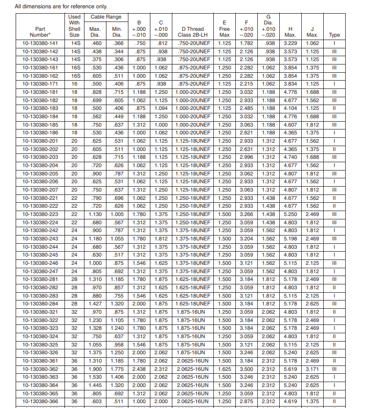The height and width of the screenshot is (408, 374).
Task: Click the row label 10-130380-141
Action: point(40,43)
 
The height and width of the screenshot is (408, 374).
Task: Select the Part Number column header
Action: point(40,32)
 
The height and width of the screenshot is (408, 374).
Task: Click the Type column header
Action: point(334,35)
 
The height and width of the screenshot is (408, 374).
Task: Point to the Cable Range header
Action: point(106,17)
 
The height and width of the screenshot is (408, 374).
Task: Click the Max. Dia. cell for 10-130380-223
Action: point(96,214)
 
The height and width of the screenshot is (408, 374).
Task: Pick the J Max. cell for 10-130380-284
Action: point(312,303)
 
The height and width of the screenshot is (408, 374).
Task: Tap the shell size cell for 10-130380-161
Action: point(75,67)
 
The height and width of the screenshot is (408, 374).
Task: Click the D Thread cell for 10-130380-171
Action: point(194,84)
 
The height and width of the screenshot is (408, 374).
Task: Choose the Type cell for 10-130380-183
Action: point(334,108)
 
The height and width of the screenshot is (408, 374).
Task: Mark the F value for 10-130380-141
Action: point(247,43)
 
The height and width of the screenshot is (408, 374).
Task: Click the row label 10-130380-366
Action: point(40,401)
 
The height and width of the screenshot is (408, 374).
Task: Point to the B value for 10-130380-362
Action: point(140,369)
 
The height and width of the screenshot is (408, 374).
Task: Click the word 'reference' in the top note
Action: point(74,6)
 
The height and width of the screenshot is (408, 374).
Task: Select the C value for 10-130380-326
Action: point(161,352)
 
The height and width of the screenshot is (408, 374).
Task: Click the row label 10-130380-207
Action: point(40,190)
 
